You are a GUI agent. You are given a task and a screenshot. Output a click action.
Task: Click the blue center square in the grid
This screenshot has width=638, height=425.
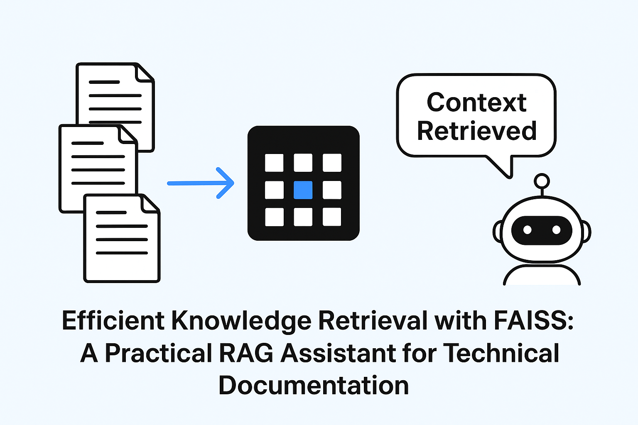click(x=303, y=190)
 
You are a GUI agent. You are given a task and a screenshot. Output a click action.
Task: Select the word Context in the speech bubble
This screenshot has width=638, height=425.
click(x=476, y=103)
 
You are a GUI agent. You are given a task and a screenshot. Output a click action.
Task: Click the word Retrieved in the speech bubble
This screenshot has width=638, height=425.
click(x=477, y=131)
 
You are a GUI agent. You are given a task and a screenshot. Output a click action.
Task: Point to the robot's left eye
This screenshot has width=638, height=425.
click(x=527, y=230)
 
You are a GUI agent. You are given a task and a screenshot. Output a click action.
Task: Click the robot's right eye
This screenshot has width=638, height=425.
click(x=556, y=230)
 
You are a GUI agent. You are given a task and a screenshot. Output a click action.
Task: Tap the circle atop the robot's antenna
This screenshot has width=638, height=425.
click(x=542, y=181)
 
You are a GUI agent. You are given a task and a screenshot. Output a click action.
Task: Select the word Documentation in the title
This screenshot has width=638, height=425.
click(x=314, y=386)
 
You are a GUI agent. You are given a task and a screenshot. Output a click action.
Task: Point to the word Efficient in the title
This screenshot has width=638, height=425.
click(x=113, y=321)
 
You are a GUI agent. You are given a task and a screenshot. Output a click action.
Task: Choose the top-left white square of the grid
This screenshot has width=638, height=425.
click(x=274, y=163)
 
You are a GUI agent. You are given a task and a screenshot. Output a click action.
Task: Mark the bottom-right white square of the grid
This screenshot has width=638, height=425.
click(x=332, y=217)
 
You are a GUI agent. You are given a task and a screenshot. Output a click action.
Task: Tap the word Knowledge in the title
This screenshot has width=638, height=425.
click(x=241, y=321)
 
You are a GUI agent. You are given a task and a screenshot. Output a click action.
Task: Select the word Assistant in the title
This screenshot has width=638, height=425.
click(x=338, y=353)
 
